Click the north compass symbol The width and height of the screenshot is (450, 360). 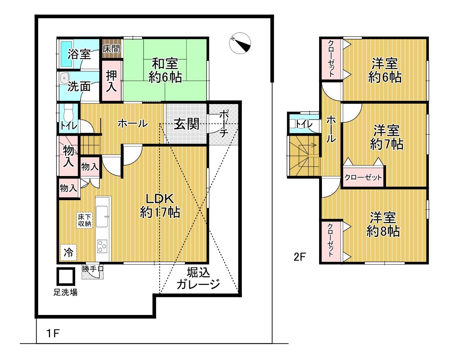coord(240,43)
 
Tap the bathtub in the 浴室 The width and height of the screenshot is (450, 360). coord(66,54)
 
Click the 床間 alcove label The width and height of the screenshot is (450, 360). coord(112,49)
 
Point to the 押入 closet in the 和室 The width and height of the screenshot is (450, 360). coord(112,81)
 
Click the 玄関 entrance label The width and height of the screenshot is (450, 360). coord(187,124)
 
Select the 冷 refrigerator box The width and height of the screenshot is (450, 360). coord(68,252)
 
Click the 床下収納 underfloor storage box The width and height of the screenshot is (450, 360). coord(85,220)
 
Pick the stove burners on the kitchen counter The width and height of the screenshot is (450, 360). coord(102,246)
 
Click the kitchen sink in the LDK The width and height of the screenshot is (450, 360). coord(102,216)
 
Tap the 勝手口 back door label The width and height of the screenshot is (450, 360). coord(93,269)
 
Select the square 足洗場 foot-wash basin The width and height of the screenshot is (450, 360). coord(66,276)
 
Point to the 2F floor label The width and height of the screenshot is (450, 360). coord(300,257)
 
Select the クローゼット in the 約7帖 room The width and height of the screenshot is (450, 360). coord(363,176)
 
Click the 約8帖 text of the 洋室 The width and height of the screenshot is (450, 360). coord(383,231)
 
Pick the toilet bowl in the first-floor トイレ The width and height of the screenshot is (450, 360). coord(68,115)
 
